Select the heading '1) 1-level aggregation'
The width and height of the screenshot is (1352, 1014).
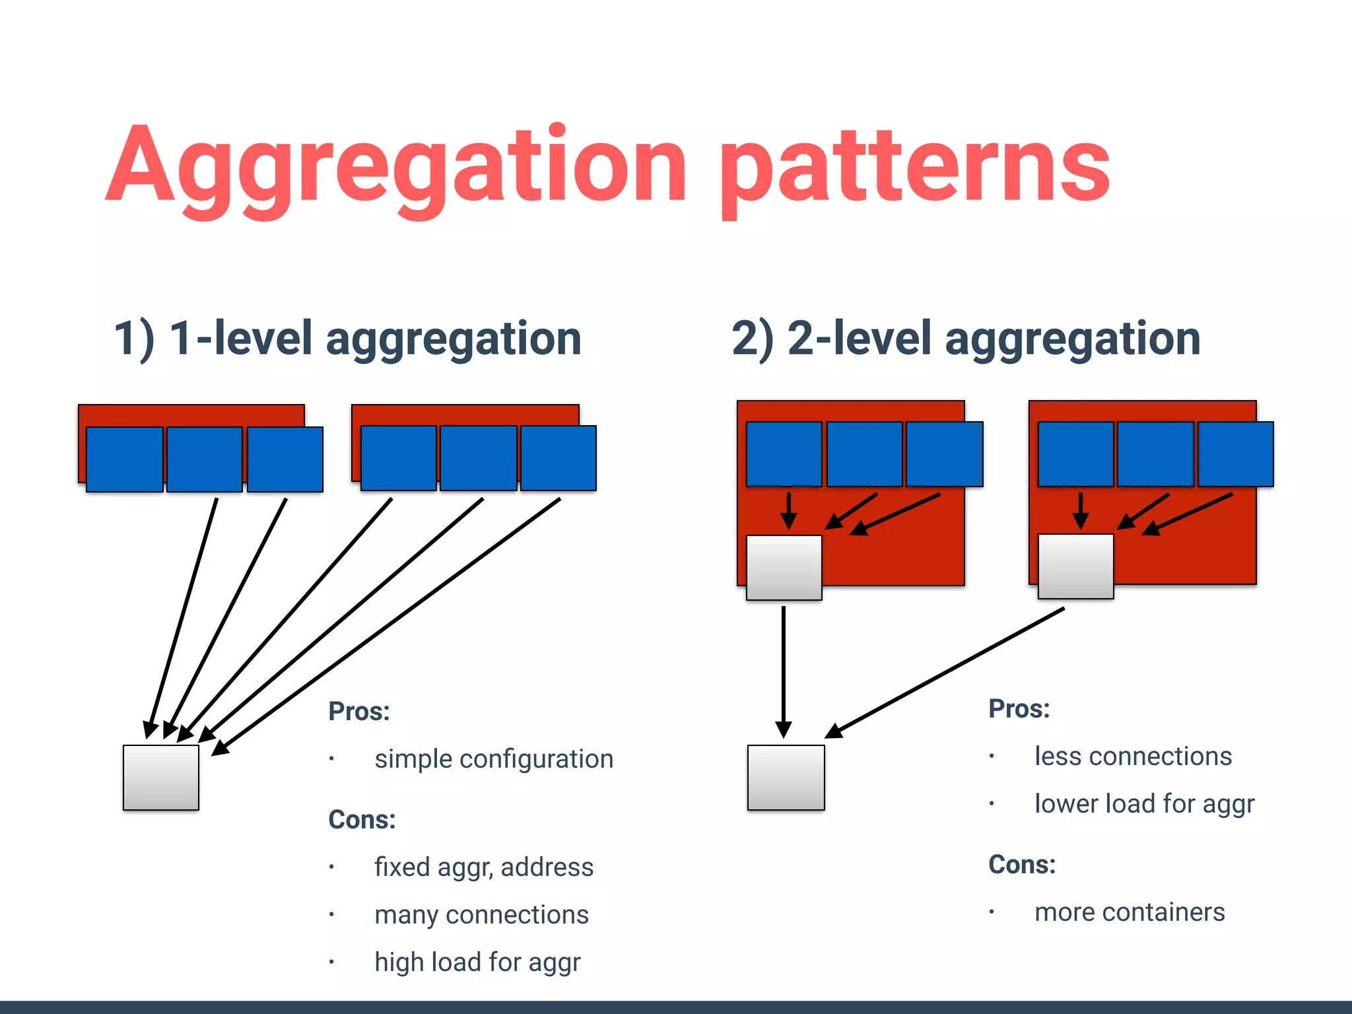pos(347,339)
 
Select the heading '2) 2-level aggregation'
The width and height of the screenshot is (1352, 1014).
pos(966,339)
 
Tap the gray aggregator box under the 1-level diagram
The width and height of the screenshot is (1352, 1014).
pos(160,778)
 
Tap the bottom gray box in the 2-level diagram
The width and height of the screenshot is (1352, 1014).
pos(786,778)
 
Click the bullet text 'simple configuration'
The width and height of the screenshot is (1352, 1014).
pos(494,759)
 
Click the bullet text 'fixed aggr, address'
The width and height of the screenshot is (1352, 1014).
pos(484,867)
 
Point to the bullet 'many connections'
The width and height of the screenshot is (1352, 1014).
pos(481,915)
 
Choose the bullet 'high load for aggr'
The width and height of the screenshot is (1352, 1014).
pos(477,963)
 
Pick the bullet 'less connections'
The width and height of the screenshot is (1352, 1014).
pos(1133,757)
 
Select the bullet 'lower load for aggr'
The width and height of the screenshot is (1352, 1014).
pos(1144,804)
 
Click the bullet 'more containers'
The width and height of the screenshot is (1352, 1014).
pos(1130,912)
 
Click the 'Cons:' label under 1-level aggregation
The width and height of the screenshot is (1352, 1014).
pos(362,820)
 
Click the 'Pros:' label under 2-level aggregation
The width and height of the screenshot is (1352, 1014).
pos(1019,709)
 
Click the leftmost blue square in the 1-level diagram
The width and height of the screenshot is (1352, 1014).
pos(124,459)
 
